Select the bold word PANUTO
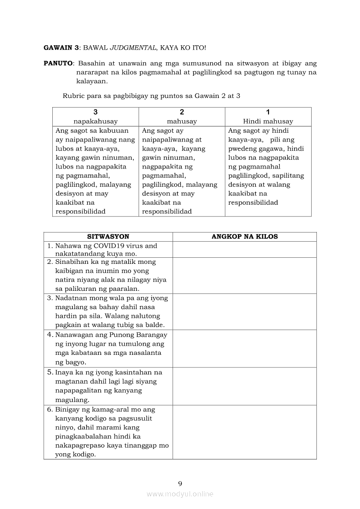pyautogui.click(x=58, y=63)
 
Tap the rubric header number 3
pyautogui.click(x=95, y=112)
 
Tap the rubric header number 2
pyautogui.click(x=182, y=112)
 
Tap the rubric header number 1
pyautogui.click(x=268, y=112)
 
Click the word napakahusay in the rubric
pyautogui.click(x=95, y=121)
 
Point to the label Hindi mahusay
pyautogui.click(x=268, y=121)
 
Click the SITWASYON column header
pyautogui.click(x=108, y=236)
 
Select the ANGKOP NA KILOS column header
pyautogui.click(x=245, y=236)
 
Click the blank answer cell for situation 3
pyautogui.click(x=245, y=311)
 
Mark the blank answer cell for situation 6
pyautogui.click(x=245, y=432)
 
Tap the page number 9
pyautogui.click(x=180, y=483)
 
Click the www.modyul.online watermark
pyautogui.click(x=180, y=494)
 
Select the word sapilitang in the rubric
pyautogui.click(x=288, y=175)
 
